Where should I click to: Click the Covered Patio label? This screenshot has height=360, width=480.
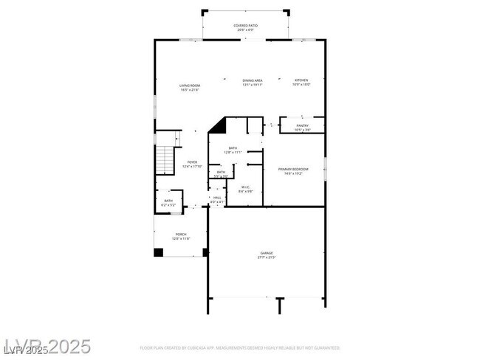[245, 25]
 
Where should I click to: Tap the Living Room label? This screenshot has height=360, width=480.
[189, 86]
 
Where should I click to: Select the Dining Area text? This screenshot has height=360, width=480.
[253, 80]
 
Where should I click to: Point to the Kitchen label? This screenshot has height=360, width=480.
[301, 80]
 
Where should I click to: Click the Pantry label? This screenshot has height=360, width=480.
[302, 125]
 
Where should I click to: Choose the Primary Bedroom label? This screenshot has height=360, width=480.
[293, 169]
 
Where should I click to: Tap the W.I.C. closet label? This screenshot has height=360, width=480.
[246, 187]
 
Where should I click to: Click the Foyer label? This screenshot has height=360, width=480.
[192, 162]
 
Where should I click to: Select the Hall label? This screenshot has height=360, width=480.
[217, 198]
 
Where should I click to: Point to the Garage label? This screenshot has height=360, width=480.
[266, 253]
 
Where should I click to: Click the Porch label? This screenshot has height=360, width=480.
[181, 235]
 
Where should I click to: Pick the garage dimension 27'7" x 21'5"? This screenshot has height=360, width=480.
[266, 257]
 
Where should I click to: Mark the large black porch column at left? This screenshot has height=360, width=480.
[158, 252]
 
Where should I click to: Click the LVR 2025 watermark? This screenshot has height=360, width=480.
[47, 346]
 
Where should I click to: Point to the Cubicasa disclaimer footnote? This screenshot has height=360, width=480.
[240, 347]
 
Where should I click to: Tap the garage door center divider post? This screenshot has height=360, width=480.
[279, 304]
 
